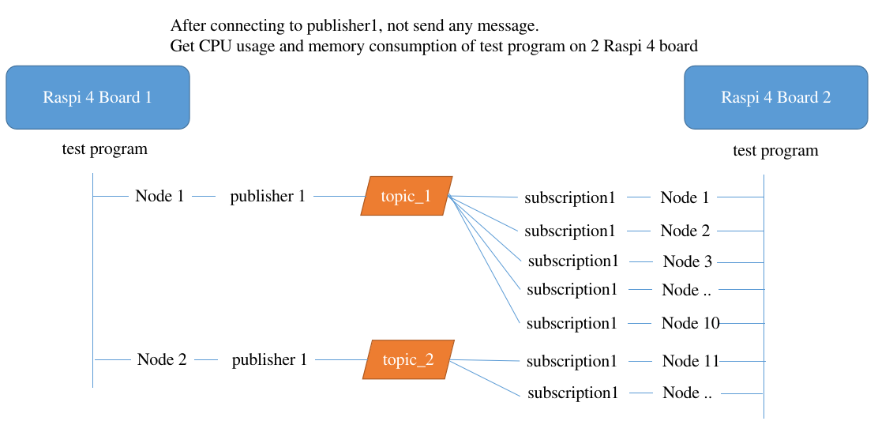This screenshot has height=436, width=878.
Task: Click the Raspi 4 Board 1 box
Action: pyautogui.click(x=98, y=97)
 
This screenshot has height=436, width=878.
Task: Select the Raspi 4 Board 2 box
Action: pyautogui.click(x=776, y=97)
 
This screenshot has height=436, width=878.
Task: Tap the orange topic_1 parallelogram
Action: pyautogui.click(x=407, y=196)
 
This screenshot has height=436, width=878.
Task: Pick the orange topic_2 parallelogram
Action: pyautogui.click(x=408, y=359)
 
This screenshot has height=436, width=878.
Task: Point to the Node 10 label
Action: pyautogui.click(x=691, y=323)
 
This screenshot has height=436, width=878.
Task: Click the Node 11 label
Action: pyautogui.click(x=691, y=361)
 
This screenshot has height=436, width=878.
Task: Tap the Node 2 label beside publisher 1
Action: pyautogui.click(x=162, y=359)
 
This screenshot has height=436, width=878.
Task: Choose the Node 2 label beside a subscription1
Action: pyautogui.click(x=685, y=231)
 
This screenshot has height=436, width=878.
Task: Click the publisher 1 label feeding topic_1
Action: pyautogui.click(x=268, y=197)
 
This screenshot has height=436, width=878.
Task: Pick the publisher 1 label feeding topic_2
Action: pyautogui.click(x=269, y=359)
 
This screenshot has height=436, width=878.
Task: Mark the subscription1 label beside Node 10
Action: pyautogui.click(x=572, y=323)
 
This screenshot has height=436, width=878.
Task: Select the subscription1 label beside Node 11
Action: pyautogui.click(x=572, y=361)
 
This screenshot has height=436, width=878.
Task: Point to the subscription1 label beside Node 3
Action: pyautogui.click(x=573, y=261)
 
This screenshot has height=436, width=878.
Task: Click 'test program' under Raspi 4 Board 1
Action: pyautogui.click(x=104, y=148)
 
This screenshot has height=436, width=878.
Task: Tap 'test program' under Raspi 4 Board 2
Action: pyautogui.click(x=775, y=150)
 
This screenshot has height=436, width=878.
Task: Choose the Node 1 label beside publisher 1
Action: pyautogui.click(x=159, y=196)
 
